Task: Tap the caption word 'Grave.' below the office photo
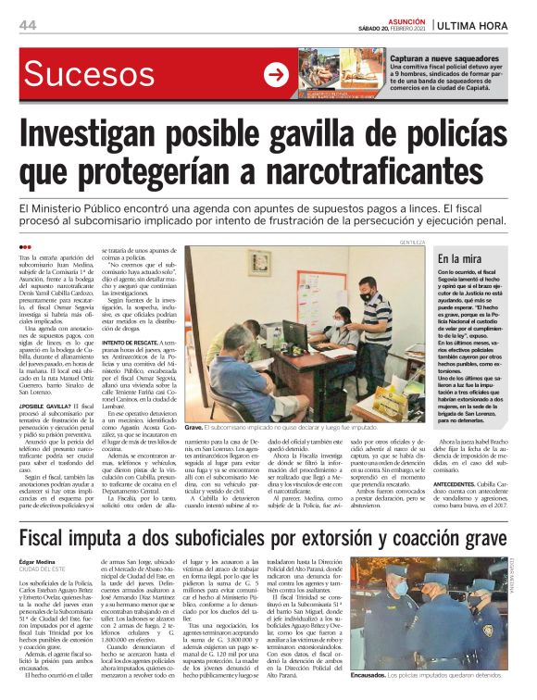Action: [x=194, y=427]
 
